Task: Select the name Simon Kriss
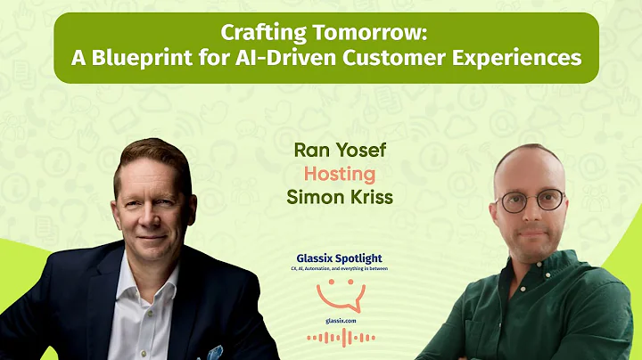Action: coord(339,196)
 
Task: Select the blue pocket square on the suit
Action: coord(215,350)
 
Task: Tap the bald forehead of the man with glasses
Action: coord(530,168)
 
